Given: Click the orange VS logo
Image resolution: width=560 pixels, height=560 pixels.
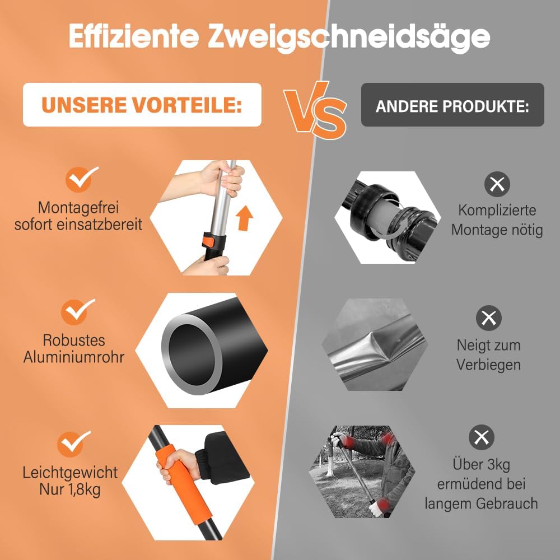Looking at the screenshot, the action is pos(315,110).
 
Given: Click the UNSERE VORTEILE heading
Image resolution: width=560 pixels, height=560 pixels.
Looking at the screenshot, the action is pos(142,105).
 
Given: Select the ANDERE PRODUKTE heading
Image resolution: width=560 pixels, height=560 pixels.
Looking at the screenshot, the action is pos(452,106).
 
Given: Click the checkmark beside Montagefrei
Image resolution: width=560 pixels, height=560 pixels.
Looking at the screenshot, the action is pos(81,179).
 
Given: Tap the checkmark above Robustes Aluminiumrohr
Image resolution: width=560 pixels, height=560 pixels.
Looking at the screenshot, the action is pos(77,311).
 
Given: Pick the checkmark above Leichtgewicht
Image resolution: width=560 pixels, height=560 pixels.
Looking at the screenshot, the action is pos(73,444).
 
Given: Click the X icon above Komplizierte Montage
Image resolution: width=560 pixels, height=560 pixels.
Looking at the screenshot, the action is pos(497,184).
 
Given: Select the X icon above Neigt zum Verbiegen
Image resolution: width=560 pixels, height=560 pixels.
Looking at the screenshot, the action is pos(488,318).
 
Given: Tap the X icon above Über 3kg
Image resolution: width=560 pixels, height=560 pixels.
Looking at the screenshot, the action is pos(482,437).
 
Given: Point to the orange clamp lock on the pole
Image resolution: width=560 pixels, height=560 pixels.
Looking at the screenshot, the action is pos(208,240).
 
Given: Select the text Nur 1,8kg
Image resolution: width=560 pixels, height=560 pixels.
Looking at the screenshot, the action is pos(70,490).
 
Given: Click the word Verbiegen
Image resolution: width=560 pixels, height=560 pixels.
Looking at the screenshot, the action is pos(488,365).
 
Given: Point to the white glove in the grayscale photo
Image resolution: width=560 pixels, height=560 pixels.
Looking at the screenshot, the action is pos(377,507).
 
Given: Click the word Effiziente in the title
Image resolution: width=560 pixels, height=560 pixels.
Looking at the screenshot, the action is pos(134,36).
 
